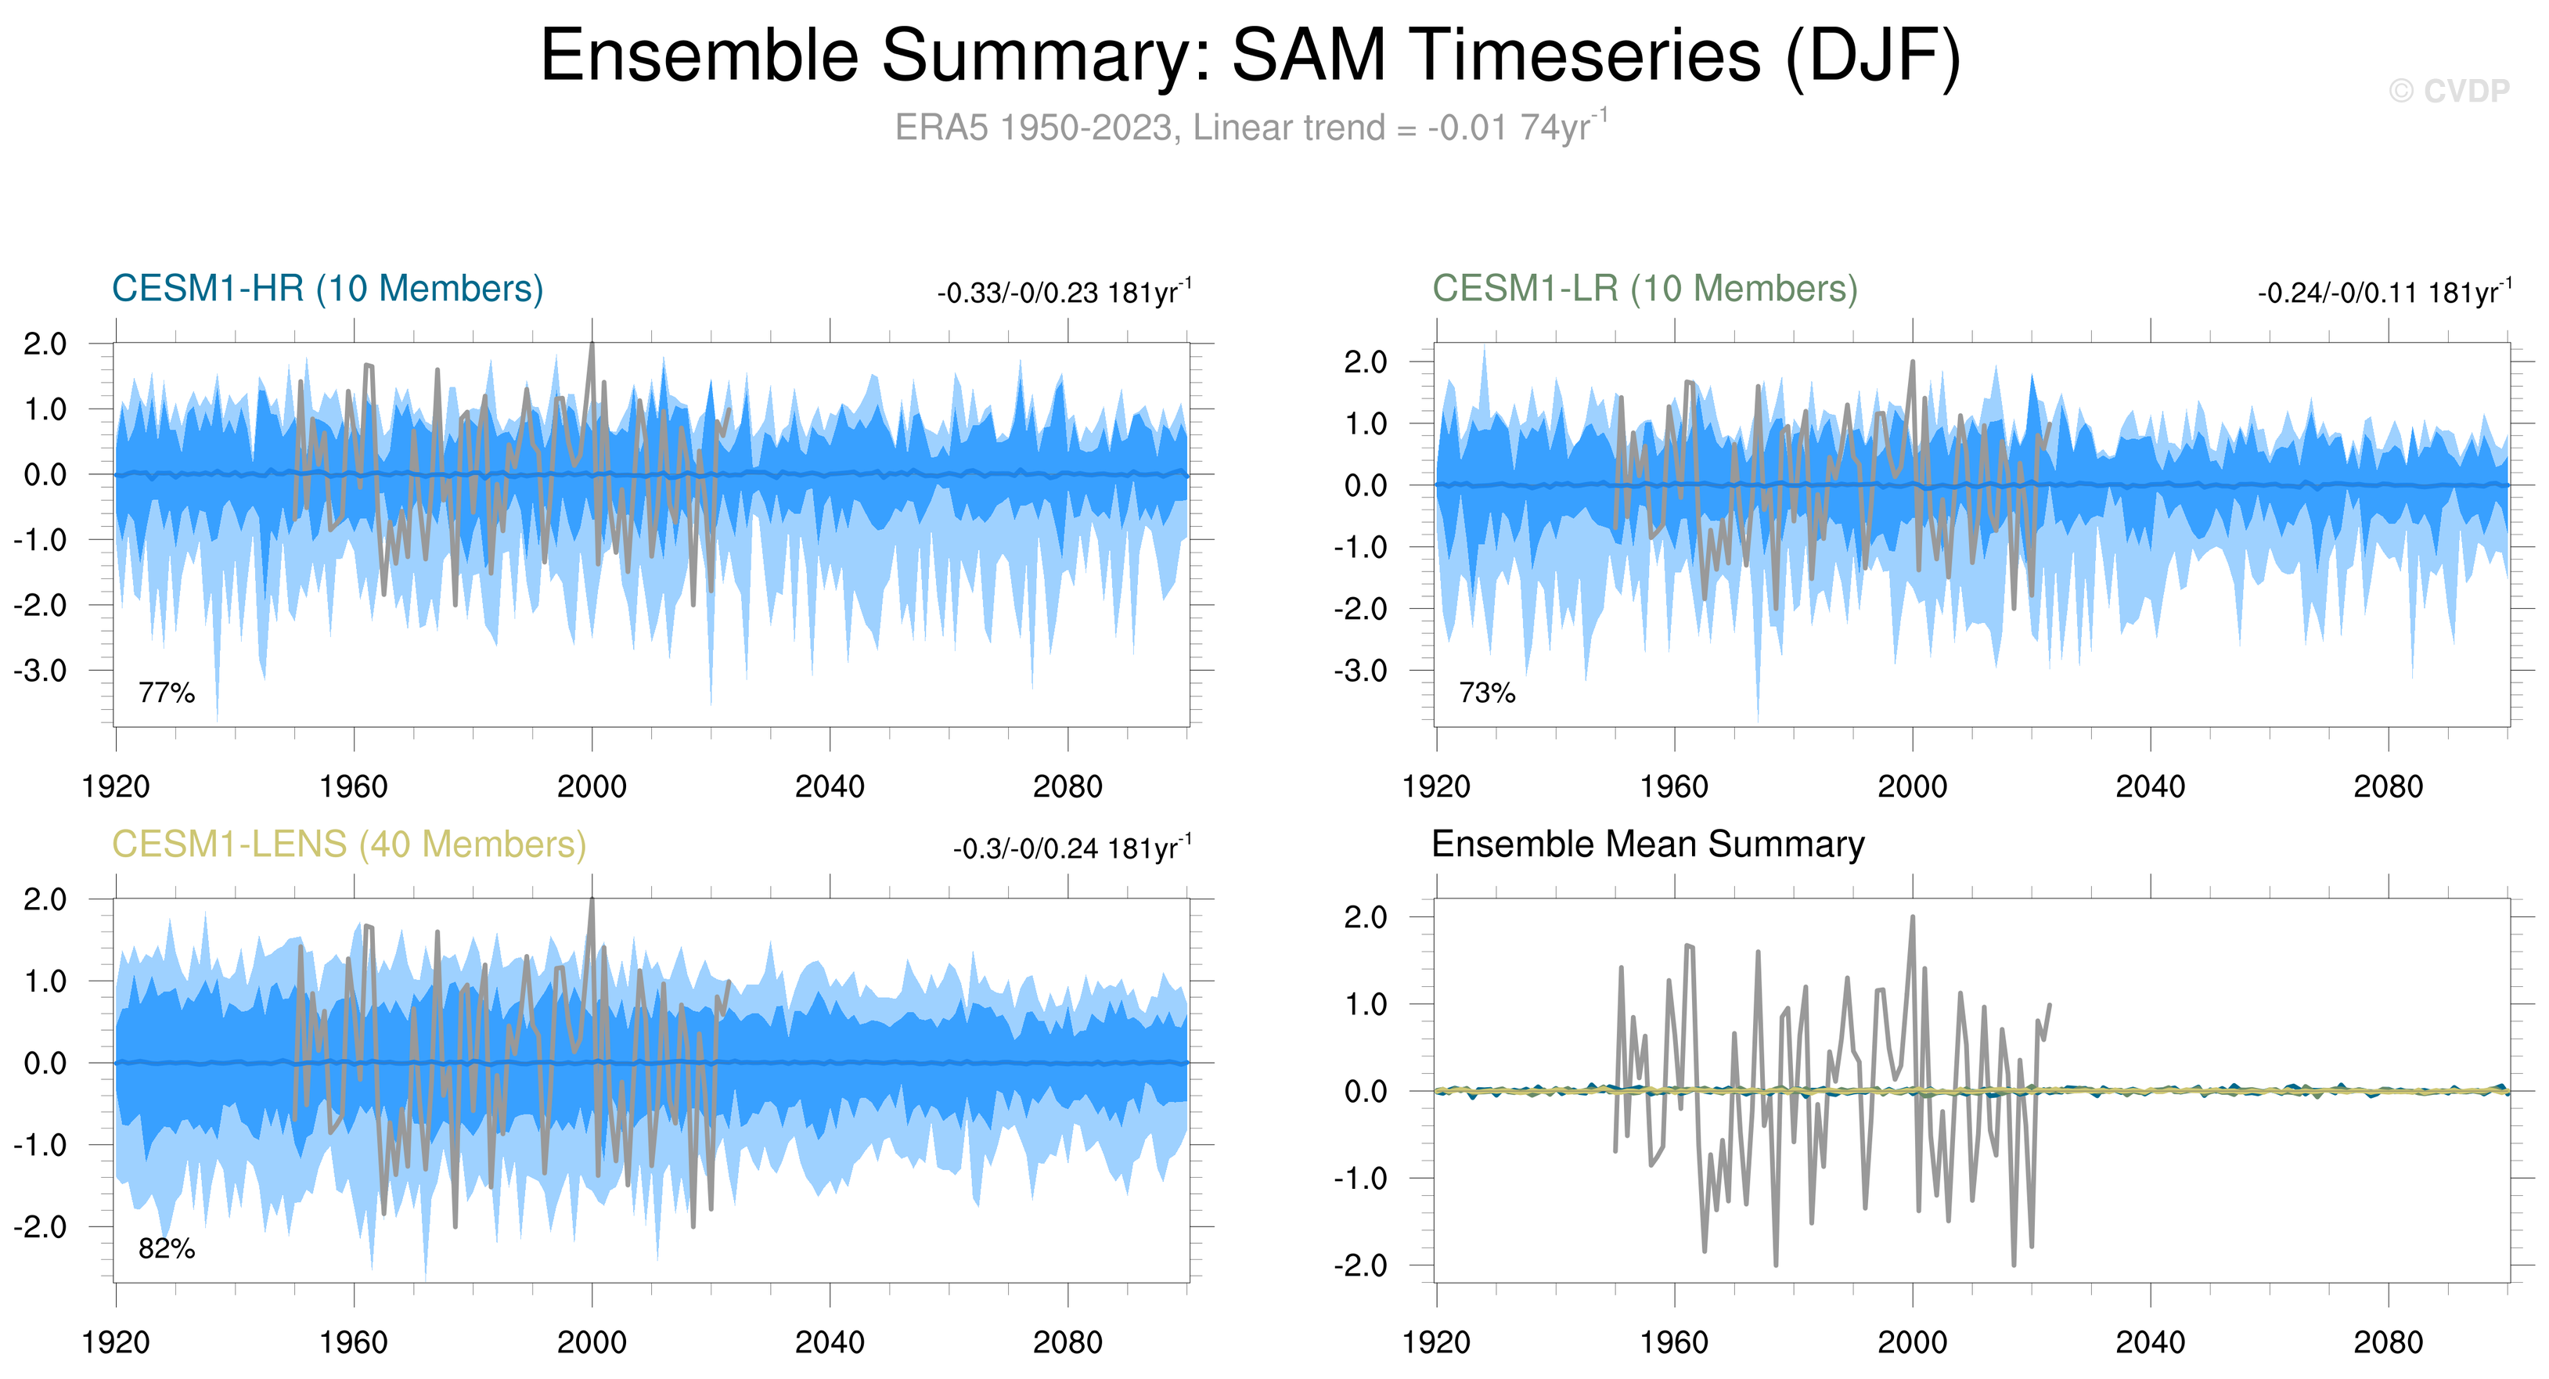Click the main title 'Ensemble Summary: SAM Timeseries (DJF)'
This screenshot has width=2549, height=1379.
[x=1250, y=56]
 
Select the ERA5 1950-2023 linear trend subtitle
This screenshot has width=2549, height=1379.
[x=1250, y=128]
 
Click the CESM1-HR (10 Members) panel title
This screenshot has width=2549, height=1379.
[x=328, y=289]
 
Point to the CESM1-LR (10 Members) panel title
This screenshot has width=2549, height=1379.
[x=1644, y=289]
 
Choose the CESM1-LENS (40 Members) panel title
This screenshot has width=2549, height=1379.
[x=348, y=844]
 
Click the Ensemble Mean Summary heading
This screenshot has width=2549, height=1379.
[x=1647, y=844]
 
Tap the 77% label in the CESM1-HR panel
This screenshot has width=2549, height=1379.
[x=166, y=693]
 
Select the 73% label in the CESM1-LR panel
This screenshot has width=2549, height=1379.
[x=1486, y=693]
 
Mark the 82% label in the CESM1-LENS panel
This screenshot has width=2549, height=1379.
[x=166, y=1248]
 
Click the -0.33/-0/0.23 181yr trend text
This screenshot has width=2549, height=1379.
[x=1064, y=293]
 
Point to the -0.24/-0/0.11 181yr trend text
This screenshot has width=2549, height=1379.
[x=2384, y=293]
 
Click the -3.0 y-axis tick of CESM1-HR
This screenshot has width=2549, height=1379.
[x=40, y=671]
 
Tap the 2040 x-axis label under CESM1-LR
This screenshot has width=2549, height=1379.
[x=2149, y=787]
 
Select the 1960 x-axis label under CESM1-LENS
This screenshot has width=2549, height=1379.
[x=353, y=1342]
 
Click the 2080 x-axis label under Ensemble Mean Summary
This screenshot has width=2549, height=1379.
[x=2388, y=1342]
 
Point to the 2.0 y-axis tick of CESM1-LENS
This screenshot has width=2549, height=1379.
[x=45, y=900]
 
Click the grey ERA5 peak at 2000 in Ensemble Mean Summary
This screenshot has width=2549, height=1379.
[x=1912, y=918]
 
